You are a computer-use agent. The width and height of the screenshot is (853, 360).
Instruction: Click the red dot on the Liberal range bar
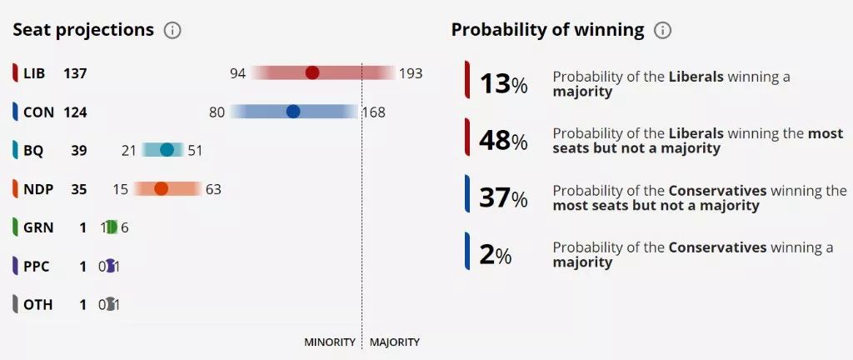(x=312, y=73)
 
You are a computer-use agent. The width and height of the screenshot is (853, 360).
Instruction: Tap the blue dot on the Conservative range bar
(x=293, y=112)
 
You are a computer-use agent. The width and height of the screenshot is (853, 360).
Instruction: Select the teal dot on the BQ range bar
(x=167, y=150)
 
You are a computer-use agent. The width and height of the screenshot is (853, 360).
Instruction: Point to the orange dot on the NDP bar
(x=161, y=189)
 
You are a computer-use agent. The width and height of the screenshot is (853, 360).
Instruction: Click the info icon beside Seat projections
(x=172, y=31)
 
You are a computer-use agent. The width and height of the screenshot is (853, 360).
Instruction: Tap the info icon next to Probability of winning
(x=662, y=31)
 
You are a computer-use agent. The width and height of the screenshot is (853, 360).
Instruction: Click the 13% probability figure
(x=503, y=83)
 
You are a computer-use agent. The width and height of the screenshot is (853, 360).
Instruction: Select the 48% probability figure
(x=503, y=141)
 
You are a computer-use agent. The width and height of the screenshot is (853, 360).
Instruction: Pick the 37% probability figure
(x=503, y=197)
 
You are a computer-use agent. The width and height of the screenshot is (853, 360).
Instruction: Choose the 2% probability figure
(x=495, y=255)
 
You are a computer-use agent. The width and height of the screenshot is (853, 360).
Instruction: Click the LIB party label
(x=34, y=73)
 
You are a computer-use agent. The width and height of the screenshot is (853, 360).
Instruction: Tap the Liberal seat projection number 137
(x=75, y=73)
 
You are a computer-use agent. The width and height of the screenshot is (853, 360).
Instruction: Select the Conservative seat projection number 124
(x=75, y=112)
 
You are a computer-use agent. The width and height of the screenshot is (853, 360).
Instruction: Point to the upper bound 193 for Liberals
(x=411, y=73)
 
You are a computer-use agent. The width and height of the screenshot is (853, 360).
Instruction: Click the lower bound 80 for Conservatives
(x=217, y=112)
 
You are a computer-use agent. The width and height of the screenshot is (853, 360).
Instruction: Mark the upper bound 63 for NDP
(x=213, y=189)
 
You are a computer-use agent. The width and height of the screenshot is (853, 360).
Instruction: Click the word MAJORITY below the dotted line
(x=395, y=342)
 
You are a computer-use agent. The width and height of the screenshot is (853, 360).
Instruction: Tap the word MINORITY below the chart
(x=330, y=342)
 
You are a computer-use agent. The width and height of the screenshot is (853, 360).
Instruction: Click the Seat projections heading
(x=83, y=30)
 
